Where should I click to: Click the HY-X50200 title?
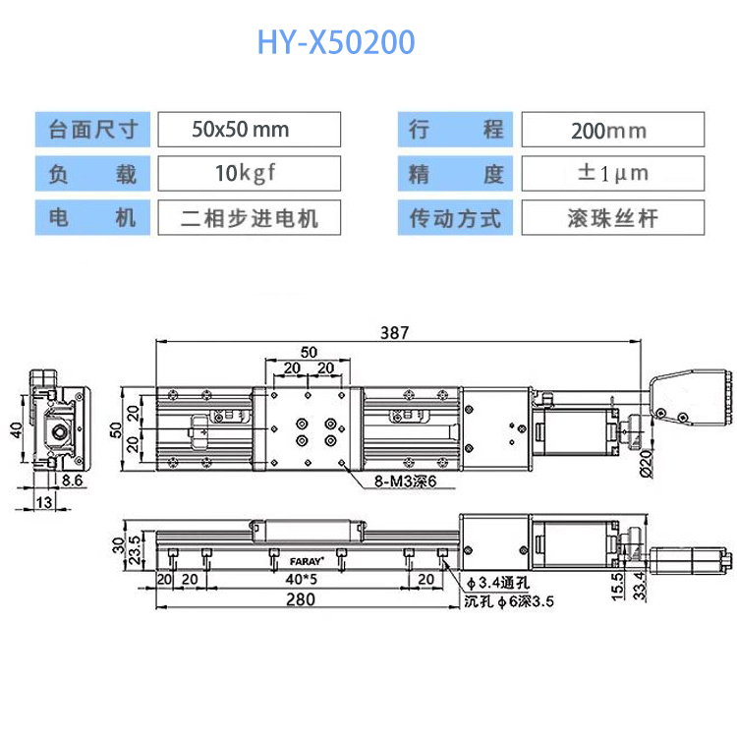tap(336, 42)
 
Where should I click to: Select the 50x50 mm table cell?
tap(250, 130)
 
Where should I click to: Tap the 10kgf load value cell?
tap(250, 173)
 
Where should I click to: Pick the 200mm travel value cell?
tap(613, 130)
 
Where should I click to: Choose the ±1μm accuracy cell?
tap(613, 173)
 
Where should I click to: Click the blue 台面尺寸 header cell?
tap(92, 130)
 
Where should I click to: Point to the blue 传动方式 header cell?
tap(455, 217)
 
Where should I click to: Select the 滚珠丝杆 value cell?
tap(613, 217)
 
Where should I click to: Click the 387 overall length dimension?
tap(394, 333)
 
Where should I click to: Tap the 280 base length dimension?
tap(301, 599)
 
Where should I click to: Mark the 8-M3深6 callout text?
tap(405, 482)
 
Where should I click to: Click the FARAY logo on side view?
tap(307, 561)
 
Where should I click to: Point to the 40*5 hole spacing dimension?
tap(302, 579)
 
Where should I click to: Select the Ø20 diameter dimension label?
tap(647, 464)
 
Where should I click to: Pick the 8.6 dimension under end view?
tap(72, 481)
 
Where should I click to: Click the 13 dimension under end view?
tap(44, 502)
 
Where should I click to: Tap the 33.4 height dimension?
tap(640, 586)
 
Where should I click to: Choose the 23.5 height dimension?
tap(135, 549)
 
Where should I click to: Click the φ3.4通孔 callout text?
tap(498, 584)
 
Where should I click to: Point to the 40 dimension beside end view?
tap(16, 429)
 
